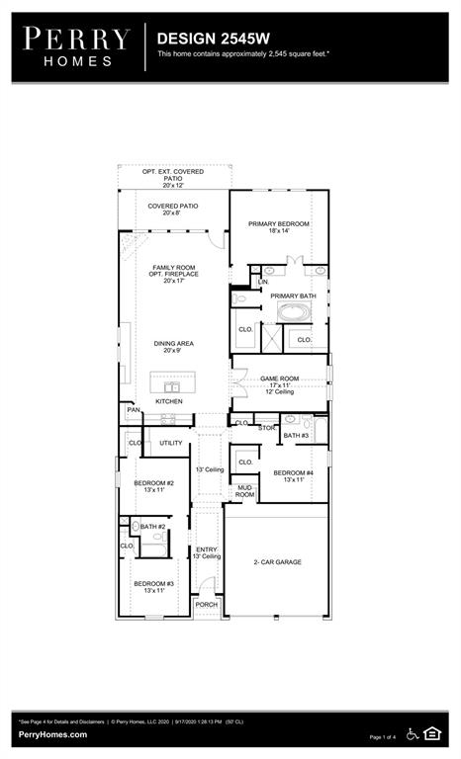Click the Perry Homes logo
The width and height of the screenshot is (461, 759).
point(76,46)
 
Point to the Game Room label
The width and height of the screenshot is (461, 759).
point(279,382)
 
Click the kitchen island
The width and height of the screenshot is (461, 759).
point(172,382)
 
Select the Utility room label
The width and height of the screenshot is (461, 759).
point(171,443)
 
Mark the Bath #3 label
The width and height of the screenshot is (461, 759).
point(296,436)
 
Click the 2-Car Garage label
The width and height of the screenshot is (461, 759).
point(277,562)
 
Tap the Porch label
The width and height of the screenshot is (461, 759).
point(206,604)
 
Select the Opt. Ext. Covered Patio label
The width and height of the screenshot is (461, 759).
point(173,178)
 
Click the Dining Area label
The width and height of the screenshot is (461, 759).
point(173,347)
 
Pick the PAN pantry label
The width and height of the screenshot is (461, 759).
point(134,409)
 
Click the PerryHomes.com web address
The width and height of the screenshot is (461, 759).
point(51,734)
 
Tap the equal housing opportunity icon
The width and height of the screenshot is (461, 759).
point(432,732)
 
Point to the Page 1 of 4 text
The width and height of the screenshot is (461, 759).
point(382,737)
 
